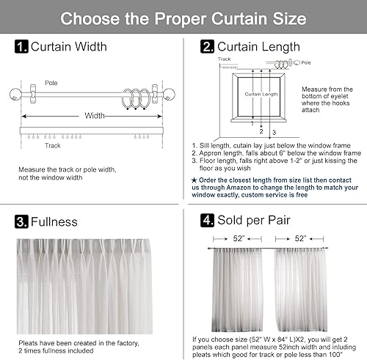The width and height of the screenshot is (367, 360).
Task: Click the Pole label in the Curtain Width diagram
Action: [x=51, y=83]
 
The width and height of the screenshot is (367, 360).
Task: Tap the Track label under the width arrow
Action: [x=53, y=145]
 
